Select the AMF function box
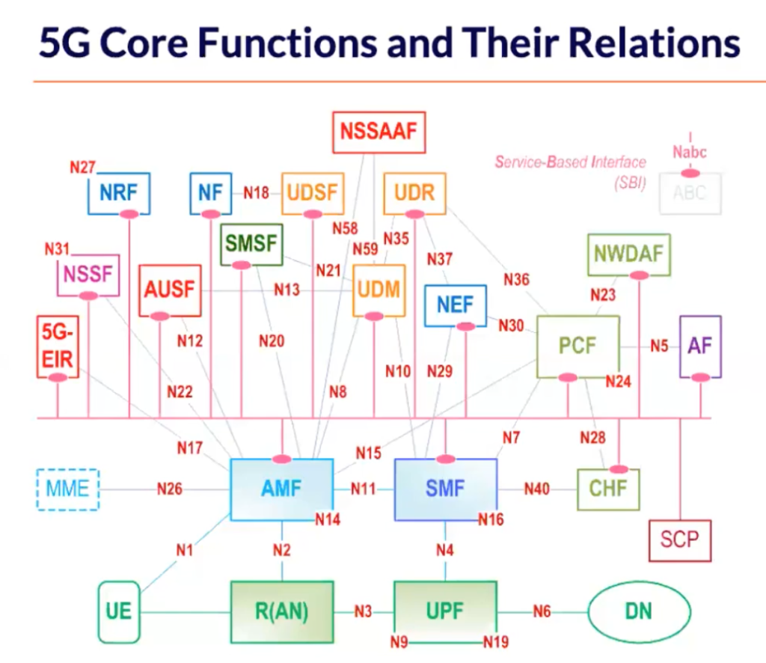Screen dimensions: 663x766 (x=281, y=489)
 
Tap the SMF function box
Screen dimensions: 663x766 (x=445, y=489)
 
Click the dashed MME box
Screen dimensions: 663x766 (x=68, y=489)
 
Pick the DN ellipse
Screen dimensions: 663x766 (x=638, y=611)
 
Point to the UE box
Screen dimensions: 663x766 (x=119, y=611)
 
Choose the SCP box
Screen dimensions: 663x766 (x=679, y=539)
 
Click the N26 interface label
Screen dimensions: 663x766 (x=169, y=489)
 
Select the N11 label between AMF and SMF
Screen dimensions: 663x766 (x=364, y=489)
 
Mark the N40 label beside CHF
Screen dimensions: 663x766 (x=536, y=489)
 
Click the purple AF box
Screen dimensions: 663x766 (x=700, y=346)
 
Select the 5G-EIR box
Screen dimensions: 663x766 (x=57, y=346)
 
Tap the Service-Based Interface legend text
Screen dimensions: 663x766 (x=570, y=162)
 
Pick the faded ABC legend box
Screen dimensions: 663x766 (x=689, y=193)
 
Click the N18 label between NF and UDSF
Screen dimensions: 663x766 (x=256, y=193)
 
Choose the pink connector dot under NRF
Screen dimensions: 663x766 (x=129, y=215)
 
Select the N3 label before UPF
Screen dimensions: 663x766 (x=363, y=611)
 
